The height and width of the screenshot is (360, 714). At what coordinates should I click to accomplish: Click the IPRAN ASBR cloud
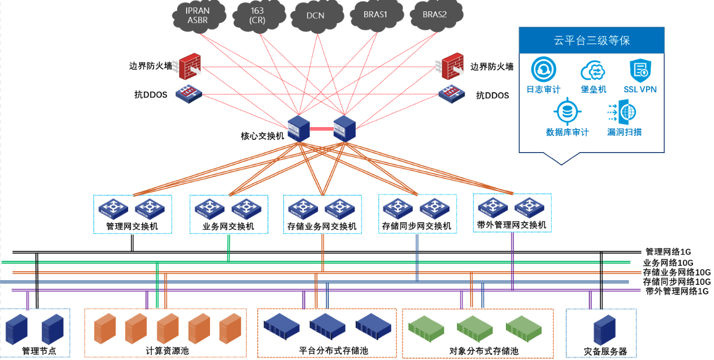click(198, 15)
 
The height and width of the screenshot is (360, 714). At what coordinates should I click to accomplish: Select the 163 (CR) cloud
click(257, 15)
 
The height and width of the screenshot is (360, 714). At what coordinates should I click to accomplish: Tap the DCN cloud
click(315, 15)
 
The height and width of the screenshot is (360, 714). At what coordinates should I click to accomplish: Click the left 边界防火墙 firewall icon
click(190, 67)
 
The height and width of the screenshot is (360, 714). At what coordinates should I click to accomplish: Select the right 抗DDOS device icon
click(451, 94)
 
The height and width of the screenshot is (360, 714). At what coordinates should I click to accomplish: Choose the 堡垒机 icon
click(594, 72)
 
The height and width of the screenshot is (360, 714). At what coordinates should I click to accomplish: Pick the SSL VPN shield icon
click(640, 71)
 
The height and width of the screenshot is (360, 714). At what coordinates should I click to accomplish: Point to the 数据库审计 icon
click(568, 112)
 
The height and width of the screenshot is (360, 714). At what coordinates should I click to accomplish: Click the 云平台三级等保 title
click(592, 40)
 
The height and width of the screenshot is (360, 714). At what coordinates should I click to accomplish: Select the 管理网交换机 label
click(132, 227)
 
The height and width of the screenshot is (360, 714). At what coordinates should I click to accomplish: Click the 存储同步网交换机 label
click(417, 227)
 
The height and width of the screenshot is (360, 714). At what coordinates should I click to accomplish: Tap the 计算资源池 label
click(167, 351)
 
